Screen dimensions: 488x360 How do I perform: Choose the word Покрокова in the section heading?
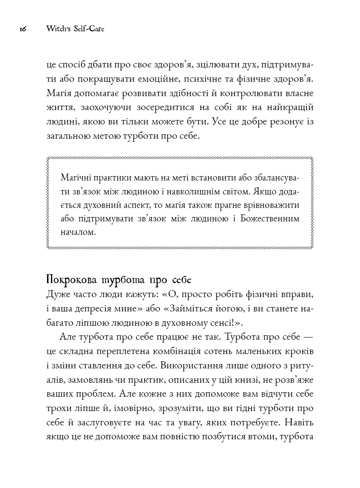click(x=72, y=279)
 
